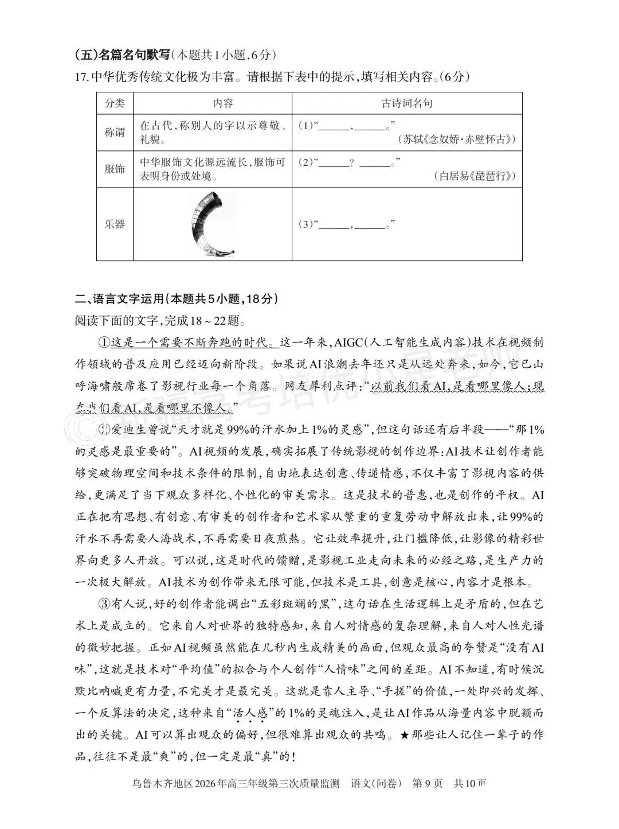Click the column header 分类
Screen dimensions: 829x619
[x=115, y=104]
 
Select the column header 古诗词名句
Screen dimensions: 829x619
[x=407, y=104]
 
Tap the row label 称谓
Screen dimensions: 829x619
[x=115, y=133]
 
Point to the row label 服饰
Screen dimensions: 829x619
[x=115, y=169]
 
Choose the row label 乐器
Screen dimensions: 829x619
[x=115, y=224]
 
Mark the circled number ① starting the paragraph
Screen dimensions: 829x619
[x=104, y=343]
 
